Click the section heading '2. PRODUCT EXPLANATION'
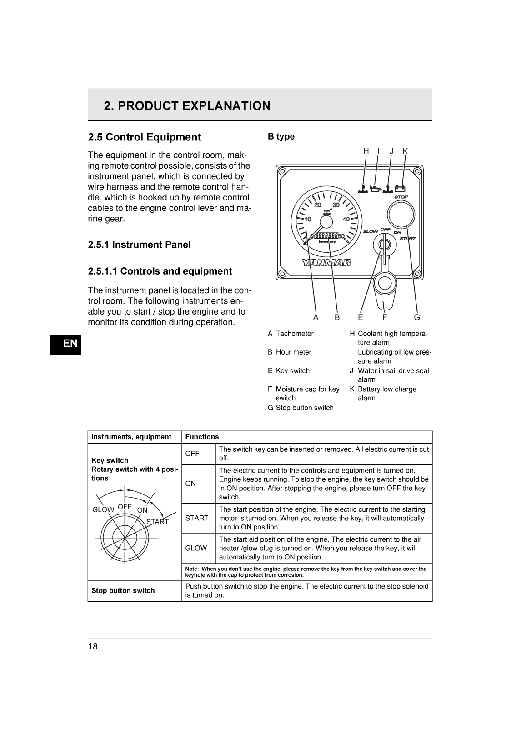[187, 106]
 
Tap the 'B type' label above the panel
[281, 136]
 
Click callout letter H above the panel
[366, 151]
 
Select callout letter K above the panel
[405, 151]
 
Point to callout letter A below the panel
[316, 317]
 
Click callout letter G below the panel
[417, 317]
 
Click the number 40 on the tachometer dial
[346, 219]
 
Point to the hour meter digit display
[327, 235]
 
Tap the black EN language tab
[70, 344]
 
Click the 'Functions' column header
[202, 437]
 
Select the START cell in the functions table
[197, 518]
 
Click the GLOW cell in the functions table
[196, 548]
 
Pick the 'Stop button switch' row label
[123, 590]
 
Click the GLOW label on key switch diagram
[103, 509]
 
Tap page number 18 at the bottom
[93, 646]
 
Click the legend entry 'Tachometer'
[294, 334]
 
